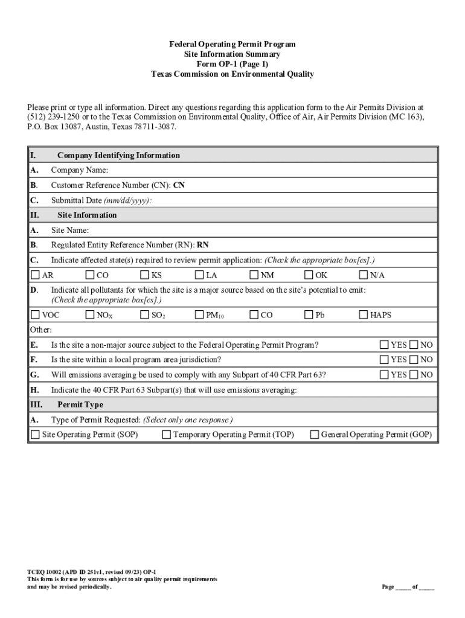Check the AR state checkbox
pyautogui.click(x=35, y=275)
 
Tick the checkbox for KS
pyautogui.click(x=145, y=275)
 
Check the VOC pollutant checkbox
pyautogui.click(x=35, y=314)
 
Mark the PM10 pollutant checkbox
pyautogui.click(x=199, y=314)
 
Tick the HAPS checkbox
pyautogui.click(x=364, y=314)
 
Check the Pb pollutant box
pyautogui.click(x=309, y=314)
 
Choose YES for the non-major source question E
pyautogui.click(x=384, y=345)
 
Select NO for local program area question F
pyautogui.click(x=414, y=360)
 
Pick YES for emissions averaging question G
pyautogui.click(x=384, y=375)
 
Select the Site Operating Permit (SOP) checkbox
pyautogui.click(x=35, y=435)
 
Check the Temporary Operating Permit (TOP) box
pyautogui.click(x=166, y=435)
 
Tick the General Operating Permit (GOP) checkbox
pyautogui.click(x=314, y=435)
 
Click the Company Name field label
pyautogui.click(x=80, y=170)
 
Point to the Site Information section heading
pyautogui.click(x=87, y=215)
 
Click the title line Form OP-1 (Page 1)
pyautogui.click(x=232, y=64)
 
